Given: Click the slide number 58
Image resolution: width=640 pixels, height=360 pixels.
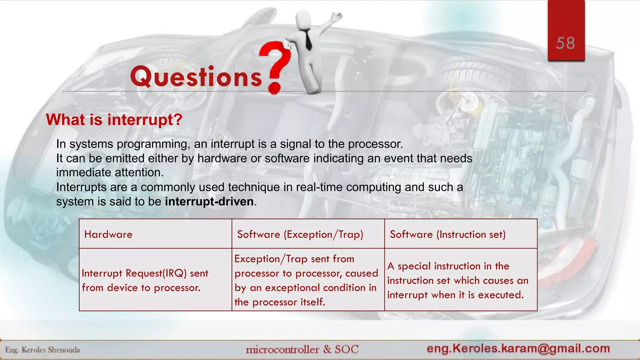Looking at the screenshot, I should point(565,43).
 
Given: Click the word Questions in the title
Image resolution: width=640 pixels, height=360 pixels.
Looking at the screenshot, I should point(196,77).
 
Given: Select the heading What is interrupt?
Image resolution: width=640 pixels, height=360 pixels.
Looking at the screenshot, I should point(114,120).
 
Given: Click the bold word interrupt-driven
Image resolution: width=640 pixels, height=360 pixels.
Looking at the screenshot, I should point(209,202).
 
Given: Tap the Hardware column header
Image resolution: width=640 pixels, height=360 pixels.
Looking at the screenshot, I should point(108,234).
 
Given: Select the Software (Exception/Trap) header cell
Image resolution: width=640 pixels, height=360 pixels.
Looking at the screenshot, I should point(300,234).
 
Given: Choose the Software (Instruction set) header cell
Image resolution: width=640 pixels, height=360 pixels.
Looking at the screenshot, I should point(447,234).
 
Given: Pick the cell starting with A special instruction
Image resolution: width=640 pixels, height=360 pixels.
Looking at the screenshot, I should point(457,280).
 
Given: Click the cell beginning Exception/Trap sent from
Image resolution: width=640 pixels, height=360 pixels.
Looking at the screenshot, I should point(306,280).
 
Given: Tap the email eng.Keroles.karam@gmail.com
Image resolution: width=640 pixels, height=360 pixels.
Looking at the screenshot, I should point(518,348).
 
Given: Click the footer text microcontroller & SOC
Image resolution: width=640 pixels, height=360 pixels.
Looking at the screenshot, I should point(302,349).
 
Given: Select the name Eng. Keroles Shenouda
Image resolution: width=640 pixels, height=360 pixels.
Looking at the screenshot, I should point(42,350).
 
